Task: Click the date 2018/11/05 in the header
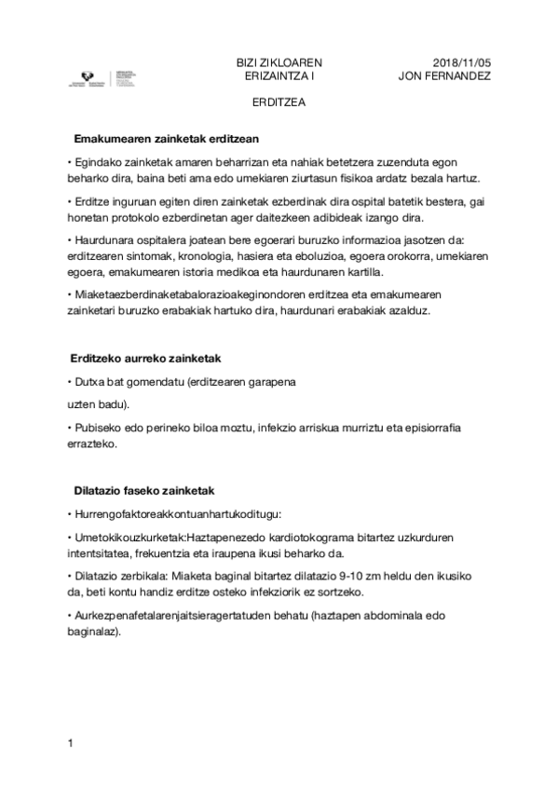click(462, 61)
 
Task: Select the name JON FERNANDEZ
click(443, 75)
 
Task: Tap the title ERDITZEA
click(279, 104)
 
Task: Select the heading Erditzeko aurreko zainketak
click(144, 358)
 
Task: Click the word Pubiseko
click(98, 428)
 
